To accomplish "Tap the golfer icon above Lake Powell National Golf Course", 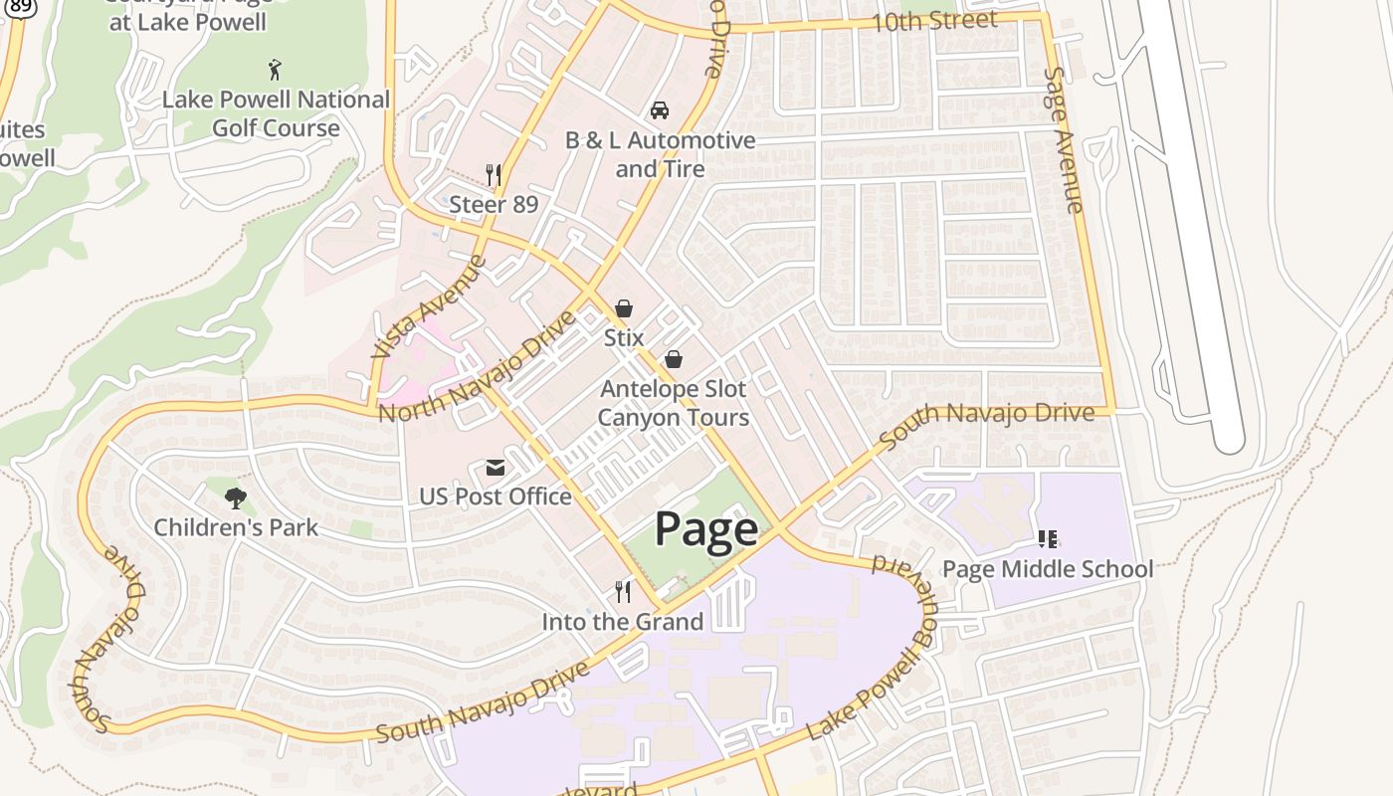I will click(276, 70).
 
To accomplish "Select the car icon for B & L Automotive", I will click(659, 109).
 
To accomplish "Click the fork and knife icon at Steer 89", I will click(493, 175).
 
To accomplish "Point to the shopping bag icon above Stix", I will click(624, 308).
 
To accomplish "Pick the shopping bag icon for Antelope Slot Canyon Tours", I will click(674, 359).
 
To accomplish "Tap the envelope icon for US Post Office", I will click(495, 468).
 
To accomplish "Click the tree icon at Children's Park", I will click(236, 497).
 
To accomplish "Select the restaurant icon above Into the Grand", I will click(623, 592).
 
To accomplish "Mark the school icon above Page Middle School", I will click(1047, 539).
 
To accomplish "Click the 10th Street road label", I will click(933, 21).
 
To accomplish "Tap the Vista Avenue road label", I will click(429, 306).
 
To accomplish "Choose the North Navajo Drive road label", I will click(478, 367).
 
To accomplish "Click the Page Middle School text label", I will click(1047, 569).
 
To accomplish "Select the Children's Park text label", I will click(236, 527).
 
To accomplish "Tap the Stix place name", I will click(624, 337).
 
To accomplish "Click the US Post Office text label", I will click(495, 497).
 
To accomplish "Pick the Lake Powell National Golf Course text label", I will click(276, 113).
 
